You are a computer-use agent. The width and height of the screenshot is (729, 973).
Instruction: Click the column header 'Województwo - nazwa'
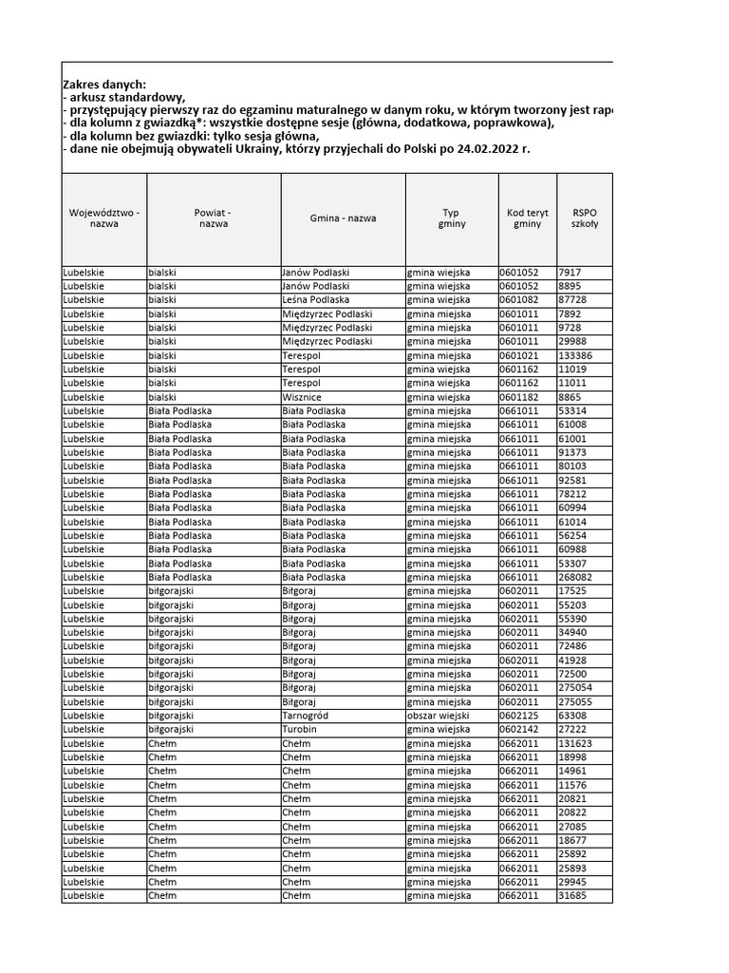pos(104,219)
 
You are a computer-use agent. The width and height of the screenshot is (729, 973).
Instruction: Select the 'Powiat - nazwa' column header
pos(213,219)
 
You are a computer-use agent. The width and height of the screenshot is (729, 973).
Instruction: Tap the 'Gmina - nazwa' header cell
pos(343,219)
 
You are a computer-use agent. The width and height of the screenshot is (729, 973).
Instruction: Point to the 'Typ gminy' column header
pos(451,219)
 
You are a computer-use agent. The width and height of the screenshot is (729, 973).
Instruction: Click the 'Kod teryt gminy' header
pos(527,219)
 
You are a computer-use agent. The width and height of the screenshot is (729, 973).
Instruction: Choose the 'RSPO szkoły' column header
pos(584,219)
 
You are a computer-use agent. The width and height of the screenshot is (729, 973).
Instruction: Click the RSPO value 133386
pos(579,355)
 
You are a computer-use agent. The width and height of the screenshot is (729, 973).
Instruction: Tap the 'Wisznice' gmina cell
pos(302,397)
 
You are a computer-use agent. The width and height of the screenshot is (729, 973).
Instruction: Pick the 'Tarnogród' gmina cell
pos(307,715)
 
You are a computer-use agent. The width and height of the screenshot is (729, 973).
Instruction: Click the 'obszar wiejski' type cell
pos(439,715)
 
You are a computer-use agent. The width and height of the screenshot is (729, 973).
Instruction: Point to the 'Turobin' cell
pos(299,730)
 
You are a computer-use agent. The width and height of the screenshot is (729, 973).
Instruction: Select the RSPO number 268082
pos(578,577)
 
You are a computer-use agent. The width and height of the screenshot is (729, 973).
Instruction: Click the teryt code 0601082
pos(519,299)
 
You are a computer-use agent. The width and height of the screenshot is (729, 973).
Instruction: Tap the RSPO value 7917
pos(570,272)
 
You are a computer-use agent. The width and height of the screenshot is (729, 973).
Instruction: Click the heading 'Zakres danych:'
pos(104,85)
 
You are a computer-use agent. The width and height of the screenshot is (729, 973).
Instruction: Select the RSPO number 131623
pos(578,743)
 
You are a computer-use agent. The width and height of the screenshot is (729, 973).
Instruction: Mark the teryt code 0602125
pos(519,715)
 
